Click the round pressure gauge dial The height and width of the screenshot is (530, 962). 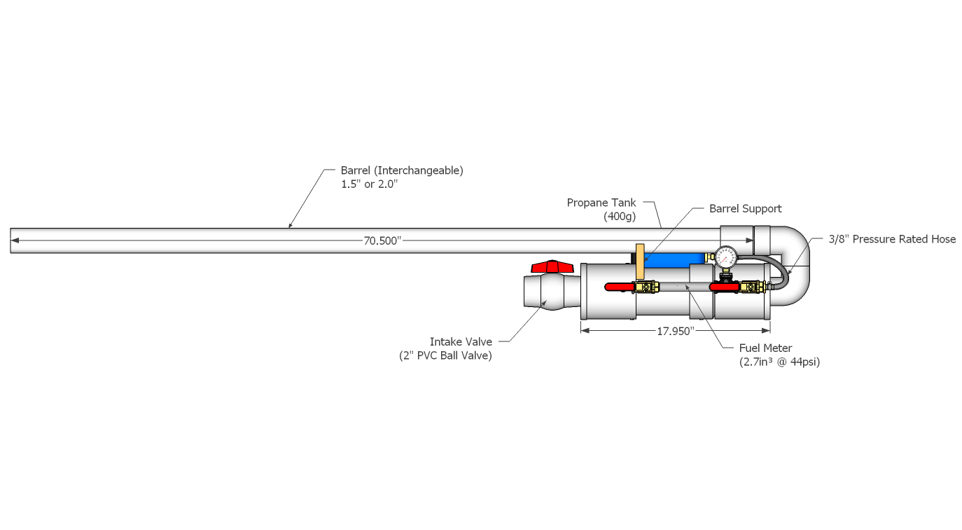pyautogui.click(x=725, y=257)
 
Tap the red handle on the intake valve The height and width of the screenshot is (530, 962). pyautogui.click(x=552, y=266)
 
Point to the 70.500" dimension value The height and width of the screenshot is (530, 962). pyautogui.click(x=382, y=240)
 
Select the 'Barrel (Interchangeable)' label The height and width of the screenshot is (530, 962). pyautogui.click(x=402, y=170)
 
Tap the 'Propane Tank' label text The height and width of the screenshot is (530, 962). pyautogui.click(x=601, y=203)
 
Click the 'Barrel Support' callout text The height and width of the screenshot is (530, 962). pyautogui.click(x=745, y=208)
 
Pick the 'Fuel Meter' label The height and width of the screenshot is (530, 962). pyautogui.click(x=766, y=348)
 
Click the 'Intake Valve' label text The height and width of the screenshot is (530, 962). pyautogui.click(x=461, y=342)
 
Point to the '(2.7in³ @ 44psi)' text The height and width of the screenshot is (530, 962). pyautogui.click(x=779, y=362)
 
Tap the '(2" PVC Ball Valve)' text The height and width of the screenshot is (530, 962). pyautogui.click(x=445, y=355)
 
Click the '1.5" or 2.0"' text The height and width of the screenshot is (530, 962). pyautogui.click(x=369, y=184)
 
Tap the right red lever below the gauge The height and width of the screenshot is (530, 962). pyautogui.click(x=723, y=287)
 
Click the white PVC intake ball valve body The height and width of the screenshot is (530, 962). pyautogui.click(x=549, y=292)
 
